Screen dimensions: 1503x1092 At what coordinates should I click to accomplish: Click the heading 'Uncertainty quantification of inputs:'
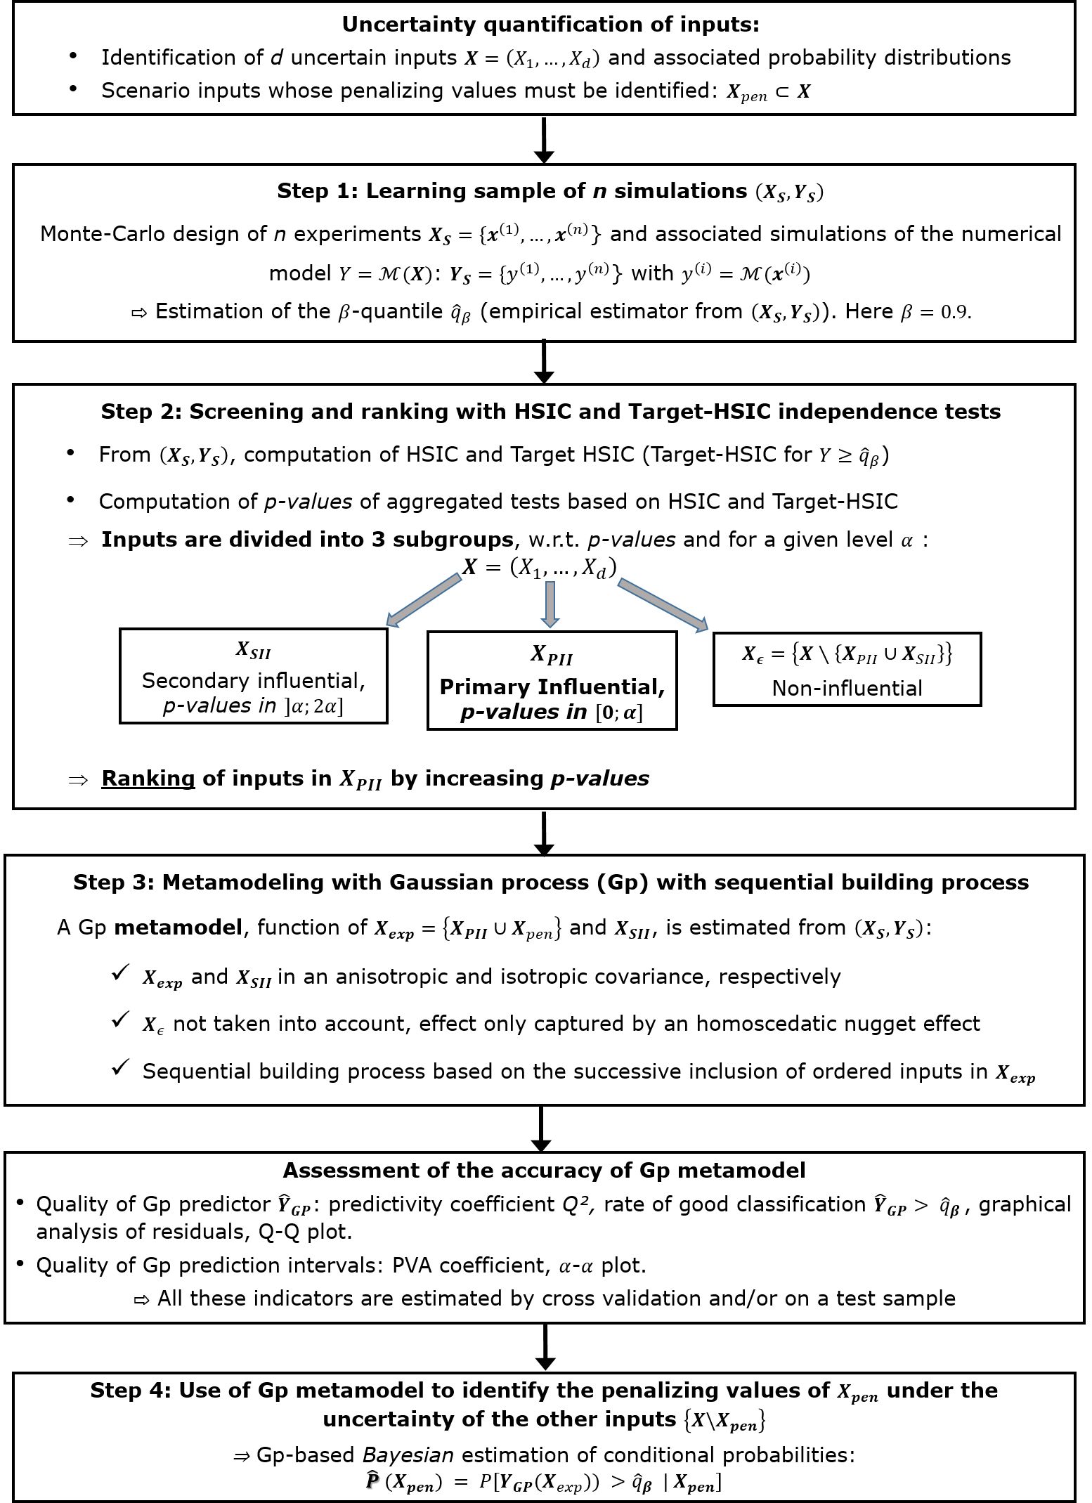(x=550, y=25)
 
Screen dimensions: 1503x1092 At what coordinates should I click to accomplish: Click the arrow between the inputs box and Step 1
(x=544, y=141)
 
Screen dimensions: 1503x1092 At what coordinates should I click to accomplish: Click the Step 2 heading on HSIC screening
(x=550, y=411)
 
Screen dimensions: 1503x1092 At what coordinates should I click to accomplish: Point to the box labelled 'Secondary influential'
(x=254, y=675)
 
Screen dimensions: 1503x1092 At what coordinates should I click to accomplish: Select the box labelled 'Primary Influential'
(x=552, y=681)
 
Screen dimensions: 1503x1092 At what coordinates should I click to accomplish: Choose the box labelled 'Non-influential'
(x=847, y=669)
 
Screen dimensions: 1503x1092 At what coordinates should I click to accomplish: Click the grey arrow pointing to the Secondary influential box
(x=424, y=599)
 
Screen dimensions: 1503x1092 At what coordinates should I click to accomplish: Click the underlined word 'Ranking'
(x=148, y=779)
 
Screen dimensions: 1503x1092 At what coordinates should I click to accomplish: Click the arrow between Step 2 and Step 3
(x=544, y=833)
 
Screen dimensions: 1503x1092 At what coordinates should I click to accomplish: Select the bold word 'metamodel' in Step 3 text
(x=178, y=928)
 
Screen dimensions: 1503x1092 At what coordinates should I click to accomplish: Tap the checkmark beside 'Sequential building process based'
(x=121, y=1068)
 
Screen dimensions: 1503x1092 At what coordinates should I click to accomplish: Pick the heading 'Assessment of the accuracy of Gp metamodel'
(x=544, y=1171)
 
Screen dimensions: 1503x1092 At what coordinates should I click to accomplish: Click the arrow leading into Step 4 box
(x=545, y=1348)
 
